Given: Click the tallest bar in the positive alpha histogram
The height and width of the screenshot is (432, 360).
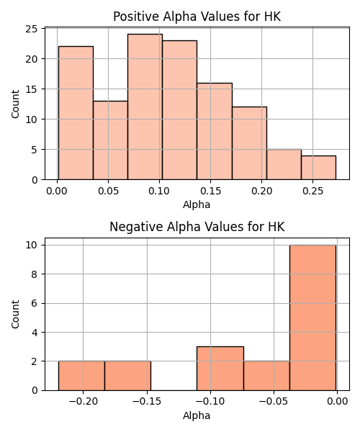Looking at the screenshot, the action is pos(145,107).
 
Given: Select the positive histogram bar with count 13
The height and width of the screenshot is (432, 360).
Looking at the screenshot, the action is pos(110,140).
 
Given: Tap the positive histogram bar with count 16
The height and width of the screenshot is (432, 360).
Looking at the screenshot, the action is pos(215,131).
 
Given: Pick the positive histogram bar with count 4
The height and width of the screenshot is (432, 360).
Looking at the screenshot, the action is pos(319,168).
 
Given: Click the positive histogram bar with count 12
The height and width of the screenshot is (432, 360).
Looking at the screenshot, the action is pos(250,143).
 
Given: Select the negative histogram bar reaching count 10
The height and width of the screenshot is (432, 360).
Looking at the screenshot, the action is pos(313,318).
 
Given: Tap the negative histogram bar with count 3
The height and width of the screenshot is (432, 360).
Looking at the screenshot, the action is pos(220,369).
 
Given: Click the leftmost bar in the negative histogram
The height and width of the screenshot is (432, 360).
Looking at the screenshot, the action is pos(81,376).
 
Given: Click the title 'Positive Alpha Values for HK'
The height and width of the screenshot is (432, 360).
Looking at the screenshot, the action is pos(197,17).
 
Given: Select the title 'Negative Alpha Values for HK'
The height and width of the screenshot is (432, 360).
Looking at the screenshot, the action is pos(197,227).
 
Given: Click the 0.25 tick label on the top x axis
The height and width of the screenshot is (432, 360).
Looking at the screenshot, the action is pos(312,191).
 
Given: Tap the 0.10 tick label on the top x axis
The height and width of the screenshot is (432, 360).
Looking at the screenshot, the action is pos(159,191).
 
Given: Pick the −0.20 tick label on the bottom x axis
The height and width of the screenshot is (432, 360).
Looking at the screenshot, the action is pos(84,402).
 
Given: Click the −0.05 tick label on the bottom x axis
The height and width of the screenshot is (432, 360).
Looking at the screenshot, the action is pos(274,402).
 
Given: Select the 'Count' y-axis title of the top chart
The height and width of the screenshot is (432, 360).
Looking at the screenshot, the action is pos(15,104).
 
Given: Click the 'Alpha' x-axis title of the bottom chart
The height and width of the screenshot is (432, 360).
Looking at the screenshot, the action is pos(197,415).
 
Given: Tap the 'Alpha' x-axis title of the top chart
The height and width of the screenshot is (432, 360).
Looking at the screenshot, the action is pos(197,204).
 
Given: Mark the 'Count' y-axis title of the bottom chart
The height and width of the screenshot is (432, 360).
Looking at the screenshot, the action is pos(15,315).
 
